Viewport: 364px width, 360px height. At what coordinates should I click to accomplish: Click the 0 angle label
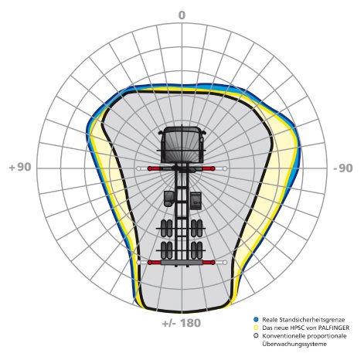click(182, 15)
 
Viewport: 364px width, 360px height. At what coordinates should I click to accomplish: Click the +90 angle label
click(20, 167)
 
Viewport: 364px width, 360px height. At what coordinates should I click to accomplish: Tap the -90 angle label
click(343, 168)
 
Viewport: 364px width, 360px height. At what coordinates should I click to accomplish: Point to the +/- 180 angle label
click(182, 323)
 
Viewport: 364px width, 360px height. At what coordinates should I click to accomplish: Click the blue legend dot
click(256, 320)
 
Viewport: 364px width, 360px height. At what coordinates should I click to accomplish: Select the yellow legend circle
click(256, 328)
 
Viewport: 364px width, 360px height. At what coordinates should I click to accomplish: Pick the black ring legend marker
click(256, 335)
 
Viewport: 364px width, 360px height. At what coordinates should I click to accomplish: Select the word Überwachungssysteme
click(294, 344)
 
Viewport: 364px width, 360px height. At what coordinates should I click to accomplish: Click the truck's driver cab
click(182, 144)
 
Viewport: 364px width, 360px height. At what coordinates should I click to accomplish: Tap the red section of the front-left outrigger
click(154, 168)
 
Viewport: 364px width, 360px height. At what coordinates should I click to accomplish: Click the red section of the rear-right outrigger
click(209, 263)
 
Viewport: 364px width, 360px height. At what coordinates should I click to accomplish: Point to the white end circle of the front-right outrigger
click(225, 168)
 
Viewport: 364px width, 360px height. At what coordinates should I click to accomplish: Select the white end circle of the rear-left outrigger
click(139, 263)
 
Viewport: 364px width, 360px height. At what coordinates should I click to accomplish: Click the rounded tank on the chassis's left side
click(168, 199)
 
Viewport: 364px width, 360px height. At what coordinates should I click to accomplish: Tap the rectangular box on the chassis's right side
click(196, 201)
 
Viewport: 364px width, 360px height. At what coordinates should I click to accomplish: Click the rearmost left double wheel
click(166, 250)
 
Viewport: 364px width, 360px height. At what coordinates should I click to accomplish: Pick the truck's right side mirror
click(204, 132)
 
